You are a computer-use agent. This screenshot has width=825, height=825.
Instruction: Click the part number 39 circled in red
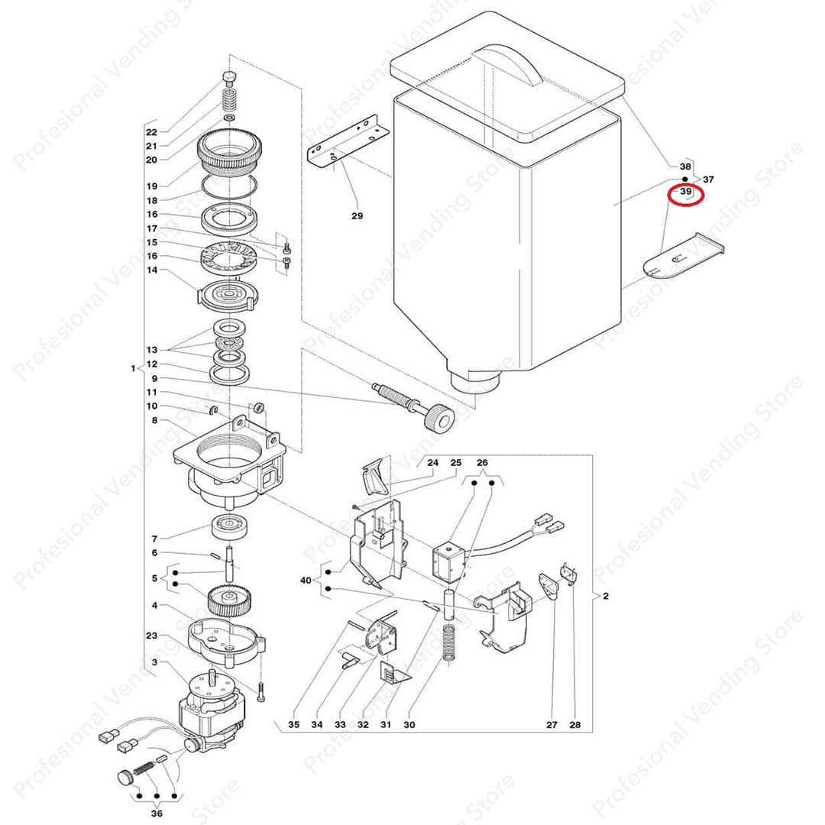pos(685,193)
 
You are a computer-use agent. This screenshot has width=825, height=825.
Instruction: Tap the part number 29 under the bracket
pos(357,216)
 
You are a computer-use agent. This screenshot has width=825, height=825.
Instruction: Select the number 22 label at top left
pos(151,132)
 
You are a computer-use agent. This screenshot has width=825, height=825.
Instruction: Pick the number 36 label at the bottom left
pos(157,813)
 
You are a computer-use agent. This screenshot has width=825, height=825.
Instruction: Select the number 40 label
pos(306,581)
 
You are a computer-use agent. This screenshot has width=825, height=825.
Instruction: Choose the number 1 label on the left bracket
pos(131,368)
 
